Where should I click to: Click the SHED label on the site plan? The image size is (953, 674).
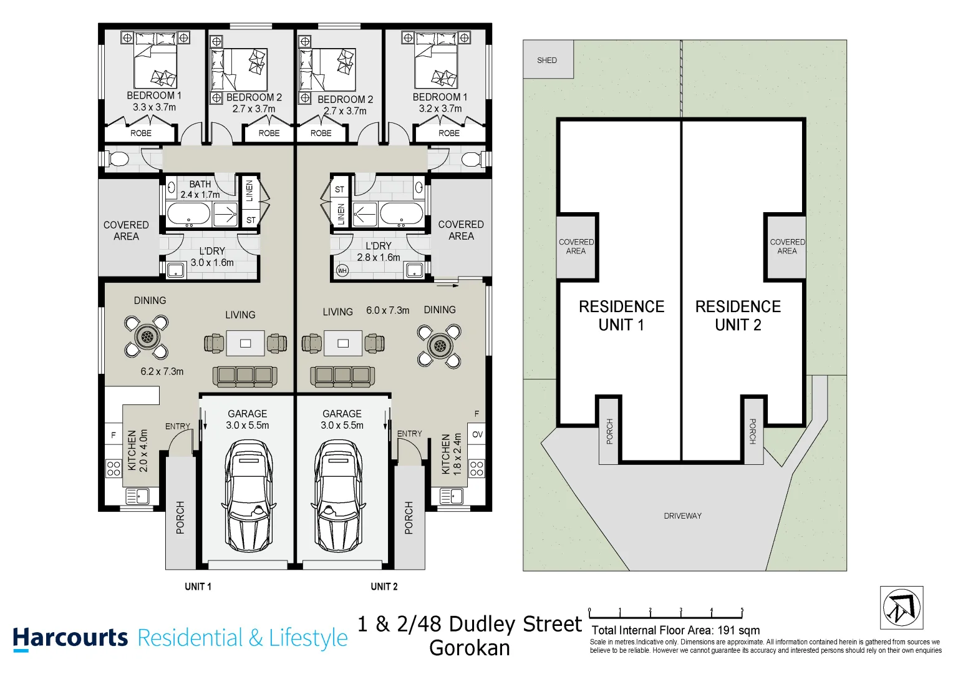click(546, 61)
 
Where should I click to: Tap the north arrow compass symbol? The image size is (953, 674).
click(901, 608)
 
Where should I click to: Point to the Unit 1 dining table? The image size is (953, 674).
click(147, 338)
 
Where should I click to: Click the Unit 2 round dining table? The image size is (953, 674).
click(440, 345)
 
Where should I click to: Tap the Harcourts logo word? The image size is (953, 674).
click(70, 638)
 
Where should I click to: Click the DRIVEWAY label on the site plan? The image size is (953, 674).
click(682, 516)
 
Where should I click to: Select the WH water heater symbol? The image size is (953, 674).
click(342, 270)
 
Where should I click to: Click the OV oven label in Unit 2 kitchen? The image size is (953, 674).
click(477, 434)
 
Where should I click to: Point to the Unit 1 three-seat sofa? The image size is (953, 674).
click(244, 375)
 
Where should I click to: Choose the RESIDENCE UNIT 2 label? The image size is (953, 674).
click(738, 316)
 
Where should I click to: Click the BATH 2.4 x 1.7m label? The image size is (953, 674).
click(200, 189)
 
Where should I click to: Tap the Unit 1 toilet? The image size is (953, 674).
click(117, 159)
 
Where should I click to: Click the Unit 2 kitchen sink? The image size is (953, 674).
click(451, 497)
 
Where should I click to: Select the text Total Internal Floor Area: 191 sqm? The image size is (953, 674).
click(675, 630)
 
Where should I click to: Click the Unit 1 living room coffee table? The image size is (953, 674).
click(245, 343)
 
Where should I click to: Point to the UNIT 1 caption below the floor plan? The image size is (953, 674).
click(198, 587)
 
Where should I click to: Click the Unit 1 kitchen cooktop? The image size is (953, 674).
click(114, 468)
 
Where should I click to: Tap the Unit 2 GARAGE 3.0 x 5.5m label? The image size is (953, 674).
click(342, 419)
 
